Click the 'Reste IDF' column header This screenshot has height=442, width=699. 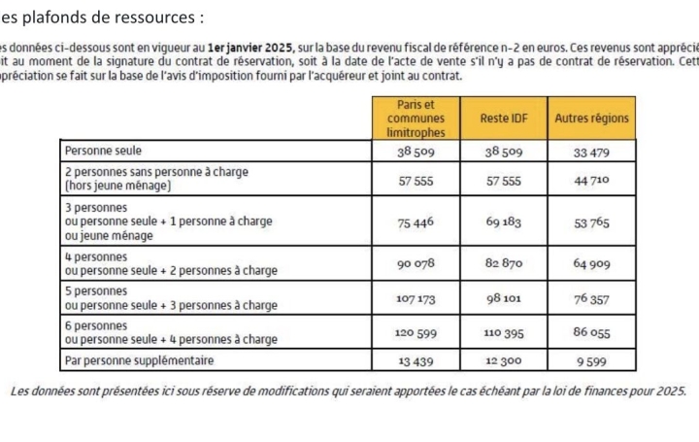(x=503, y=119)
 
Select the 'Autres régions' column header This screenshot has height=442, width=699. (x=591, y=119)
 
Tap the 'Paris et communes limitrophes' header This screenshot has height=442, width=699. (x=416, y=119)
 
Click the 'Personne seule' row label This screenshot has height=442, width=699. (x=102, y=152)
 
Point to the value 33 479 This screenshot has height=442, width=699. (x=591, y=153)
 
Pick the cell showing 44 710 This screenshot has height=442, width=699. (x=591, y=181)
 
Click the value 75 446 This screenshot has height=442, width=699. (x=416, y=222)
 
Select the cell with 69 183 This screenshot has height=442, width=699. (x=504, y=222)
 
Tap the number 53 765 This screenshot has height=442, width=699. (x=591, y=222)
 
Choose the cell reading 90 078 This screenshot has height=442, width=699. (x=416, y=264)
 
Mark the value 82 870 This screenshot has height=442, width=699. (x=504, y=264)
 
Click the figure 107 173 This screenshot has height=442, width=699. (x=416, y=298)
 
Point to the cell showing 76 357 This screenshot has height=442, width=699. (x=591, y=298)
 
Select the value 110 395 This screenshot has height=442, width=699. (x=504, y=333)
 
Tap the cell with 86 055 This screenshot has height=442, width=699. (x=591, y=333)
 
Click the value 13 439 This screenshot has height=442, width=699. (x=416, y=361)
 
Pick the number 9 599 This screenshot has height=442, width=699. (x=591, y=361)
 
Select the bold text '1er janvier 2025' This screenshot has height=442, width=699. (x=249, y=48)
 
